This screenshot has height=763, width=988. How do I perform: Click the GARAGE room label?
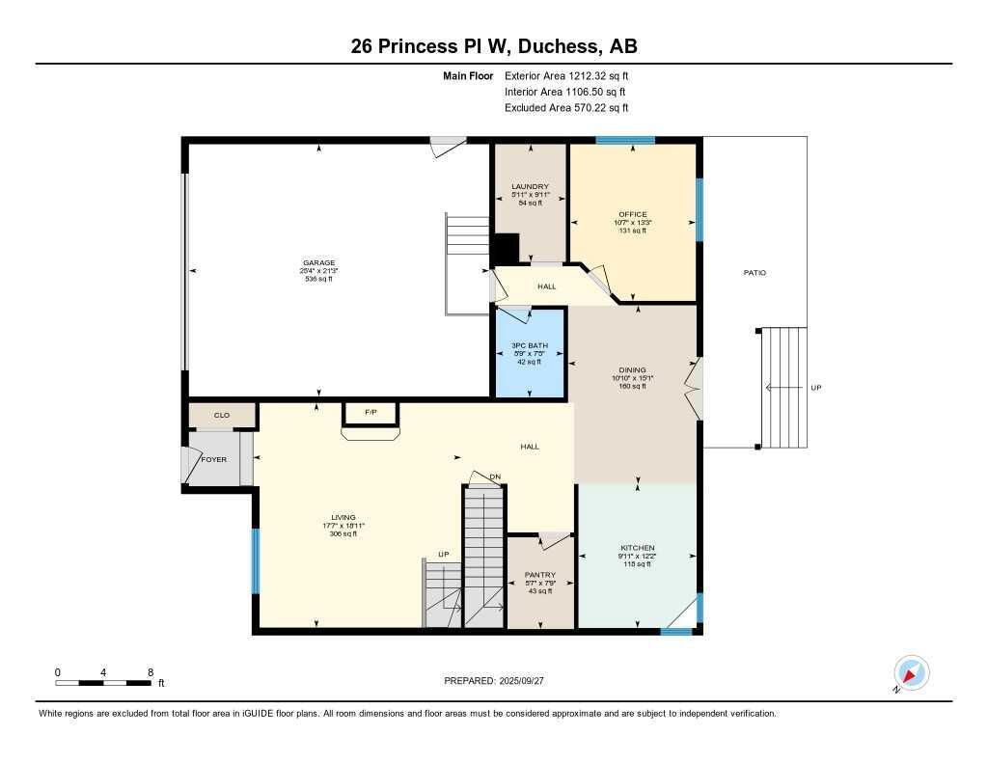pyautogui.click(x=318, y=262)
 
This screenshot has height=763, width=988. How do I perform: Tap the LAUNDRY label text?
pyautogui.click(x=530, y=187)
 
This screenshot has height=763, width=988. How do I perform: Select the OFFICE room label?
pyautogui.click(x=633, y=214)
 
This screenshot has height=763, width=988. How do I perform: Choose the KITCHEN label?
pyautogui.click(x=637, y=547)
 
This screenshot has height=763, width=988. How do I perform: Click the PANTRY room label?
pyautogui.click(x=539, y=575)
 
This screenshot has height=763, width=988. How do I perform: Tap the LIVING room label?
pyautogui.click(x=343, y=518)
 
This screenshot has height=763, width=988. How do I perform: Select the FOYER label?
pyautogui.click(x=213, y=459)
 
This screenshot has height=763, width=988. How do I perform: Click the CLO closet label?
pyautogui.click(x=222, y=416)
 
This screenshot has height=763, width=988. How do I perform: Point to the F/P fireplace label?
pyautogui.click(x=370, y=413)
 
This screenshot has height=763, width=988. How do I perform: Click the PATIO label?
pyautogui.click(x=755, y=273)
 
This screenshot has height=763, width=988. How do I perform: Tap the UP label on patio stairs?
pyautogui.click(x=815, y=388)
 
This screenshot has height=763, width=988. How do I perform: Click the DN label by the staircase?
pyautogui.click(x=495, y=477)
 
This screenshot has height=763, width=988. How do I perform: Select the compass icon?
pyautogui.click(x=911, y=672)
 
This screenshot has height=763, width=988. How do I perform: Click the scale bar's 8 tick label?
pyautogui.click(x=151, y=671)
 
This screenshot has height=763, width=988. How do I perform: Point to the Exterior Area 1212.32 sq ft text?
pyautogui.click(x=566, y=75)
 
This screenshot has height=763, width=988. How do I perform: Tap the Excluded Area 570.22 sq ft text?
pyautogui.click(x=566, y=108)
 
